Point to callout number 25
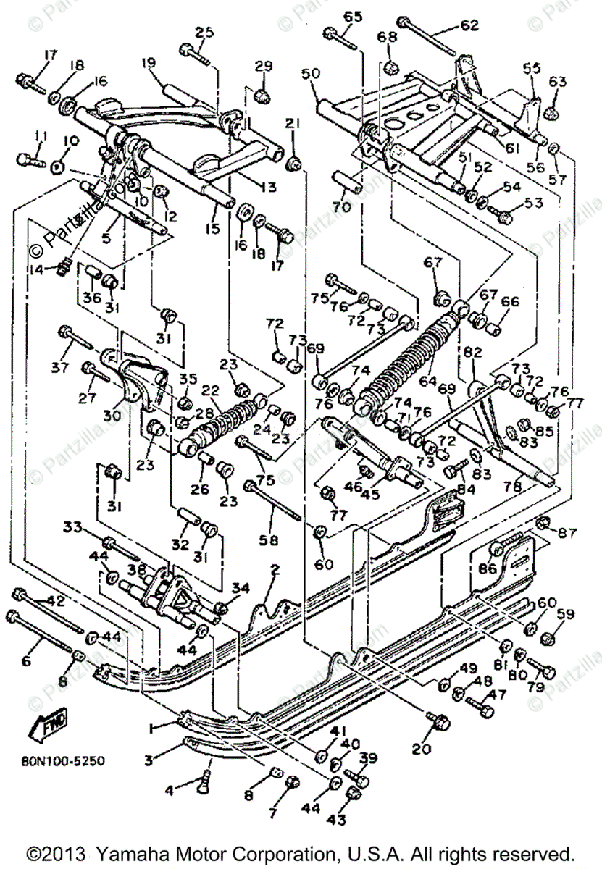205,32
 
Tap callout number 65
352,17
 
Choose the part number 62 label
469,26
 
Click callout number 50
310,75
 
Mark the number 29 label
262,67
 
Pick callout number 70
340,207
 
